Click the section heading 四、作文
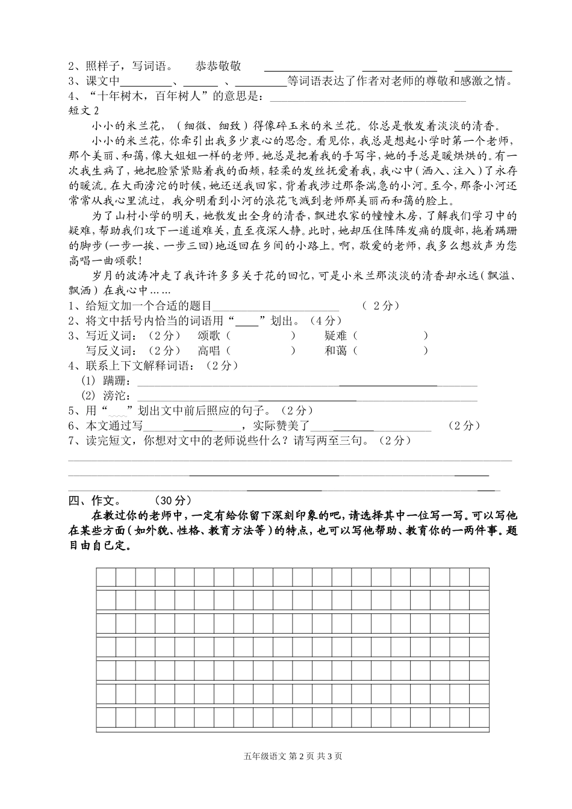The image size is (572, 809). [91, 500]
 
